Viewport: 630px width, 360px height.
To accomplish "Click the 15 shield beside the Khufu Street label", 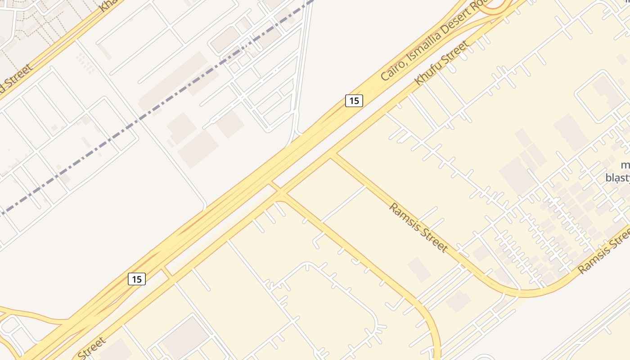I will (x=354, y=101).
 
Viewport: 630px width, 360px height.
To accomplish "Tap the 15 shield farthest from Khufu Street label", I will (x=137, y=279).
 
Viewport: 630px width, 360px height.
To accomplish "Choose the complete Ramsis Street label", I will (x=418, y=227).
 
